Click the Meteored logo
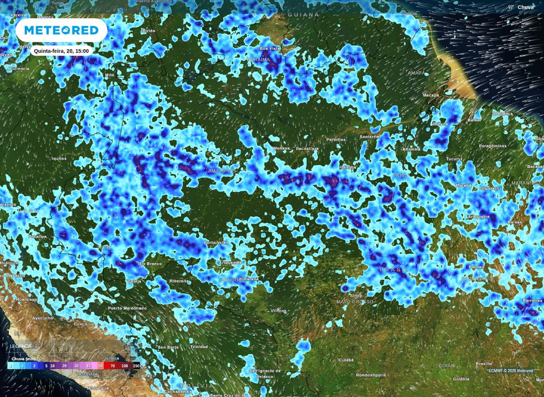[61, 30]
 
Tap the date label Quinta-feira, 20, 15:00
[61, 51]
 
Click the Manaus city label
[281, 148]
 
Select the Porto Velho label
[217, 242]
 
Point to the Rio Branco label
[150, 263]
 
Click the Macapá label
[431, 95]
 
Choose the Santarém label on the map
[370, 136]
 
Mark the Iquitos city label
[59, 158]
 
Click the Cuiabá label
[345, 359]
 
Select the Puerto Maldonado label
[128, 308]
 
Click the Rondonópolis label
[379, 375]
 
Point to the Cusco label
[81, 324]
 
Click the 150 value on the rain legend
[136, 366]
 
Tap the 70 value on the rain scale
[112, 366]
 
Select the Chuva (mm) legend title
[24, 359]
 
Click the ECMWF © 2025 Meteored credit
[511, 370]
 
